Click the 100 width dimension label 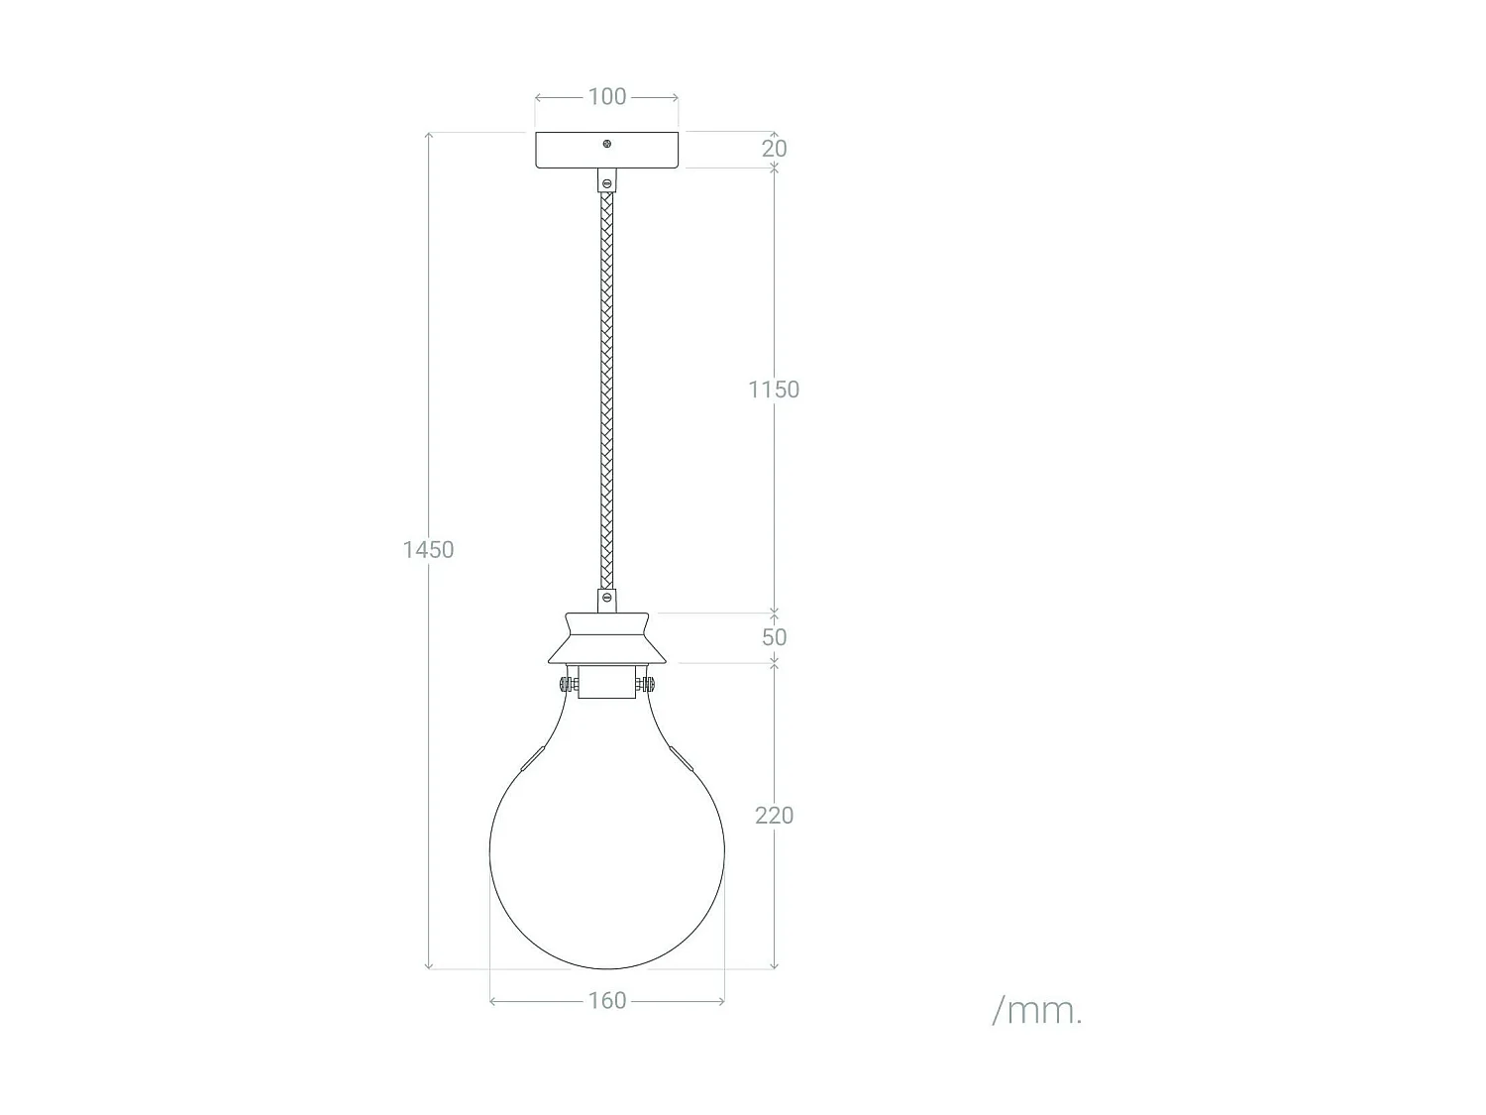606,96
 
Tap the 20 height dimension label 774,148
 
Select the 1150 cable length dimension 773,390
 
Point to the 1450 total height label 428,549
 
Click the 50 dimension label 774,636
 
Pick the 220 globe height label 774,815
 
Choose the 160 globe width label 606,1000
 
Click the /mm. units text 1037,1010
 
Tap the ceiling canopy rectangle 570,151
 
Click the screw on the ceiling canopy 607,144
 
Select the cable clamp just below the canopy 606,181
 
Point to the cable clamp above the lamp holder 606,599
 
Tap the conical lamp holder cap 606,638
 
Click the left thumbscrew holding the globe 566,684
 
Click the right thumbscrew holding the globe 647,684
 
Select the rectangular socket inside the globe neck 606,683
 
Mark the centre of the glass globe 606,852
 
